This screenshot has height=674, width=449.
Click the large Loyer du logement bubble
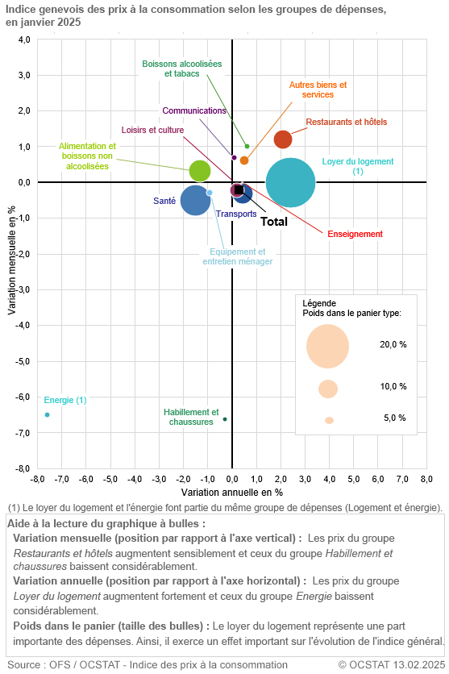click(x=290, y=183)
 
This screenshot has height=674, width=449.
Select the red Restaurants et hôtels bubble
click(x=283, y=139)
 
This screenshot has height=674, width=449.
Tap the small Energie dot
click(x=47, y=414)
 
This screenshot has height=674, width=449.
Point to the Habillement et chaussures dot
click(x=225, y=419)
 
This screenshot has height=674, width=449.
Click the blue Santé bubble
click(x=195, y=200)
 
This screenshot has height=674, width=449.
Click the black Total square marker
click(x=239, y=190)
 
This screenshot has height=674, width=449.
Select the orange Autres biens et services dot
click(x=244, y=160)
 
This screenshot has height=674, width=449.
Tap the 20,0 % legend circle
click(x=327, y=346)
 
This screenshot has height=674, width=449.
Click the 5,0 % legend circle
click(x=329, y=420)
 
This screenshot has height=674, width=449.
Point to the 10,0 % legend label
click(x=393, y=387)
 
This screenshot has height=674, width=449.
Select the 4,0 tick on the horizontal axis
click(x=329, y=478)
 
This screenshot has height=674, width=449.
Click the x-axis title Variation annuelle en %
click(x=232, y=491)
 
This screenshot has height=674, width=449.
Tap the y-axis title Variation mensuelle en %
click(x=10, y=253)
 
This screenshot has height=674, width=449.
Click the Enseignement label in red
click(x=355, y=234)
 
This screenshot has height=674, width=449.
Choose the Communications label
click(x=193, y=111)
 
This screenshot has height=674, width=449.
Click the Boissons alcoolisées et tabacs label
click(x=181, y=69)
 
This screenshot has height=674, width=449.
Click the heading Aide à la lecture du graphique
click(x=106, y=523)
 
